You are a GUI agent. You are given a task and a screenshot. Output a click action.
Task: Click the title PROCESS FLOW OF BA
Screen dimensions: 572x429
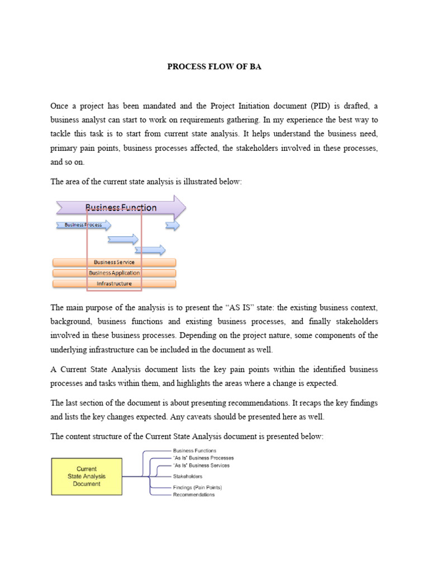click(x=214, y=67)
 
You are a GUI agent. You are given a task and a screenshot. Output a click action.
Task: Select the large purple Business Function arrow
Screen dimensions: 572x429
click(x=121, y=208)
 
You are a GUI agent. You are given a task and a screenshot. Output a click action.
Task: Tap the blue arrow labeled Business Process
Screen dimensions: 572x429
click(x=83, y=225)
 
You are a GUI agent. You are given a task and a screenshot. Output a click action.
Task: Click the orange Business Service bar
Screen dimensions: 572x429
click(x=114, y=262)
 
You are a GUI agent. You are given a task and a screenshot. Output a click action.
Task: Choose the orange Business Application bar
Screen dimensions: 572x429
click(x=114, y=273)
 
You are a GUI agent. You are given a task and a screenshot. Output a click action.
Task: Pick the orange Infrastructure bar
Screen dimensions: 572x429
click(x=114, y=284)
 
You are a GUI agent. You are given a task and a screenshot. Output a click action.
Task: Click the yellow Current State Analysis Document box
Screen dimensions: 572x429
click(x=87, y=476)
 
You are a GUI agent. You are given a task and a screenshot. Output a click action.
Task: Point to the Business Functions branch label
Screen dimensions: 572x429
click(x=194, y=450)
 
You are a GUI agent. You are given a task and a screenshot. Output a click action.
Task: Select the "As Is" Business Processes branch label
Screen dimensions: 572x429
click(x=203, y=458)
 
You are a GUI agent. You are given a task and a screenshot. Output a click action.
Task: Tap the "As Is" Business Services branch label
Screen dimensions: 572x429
click(x=201, y=465)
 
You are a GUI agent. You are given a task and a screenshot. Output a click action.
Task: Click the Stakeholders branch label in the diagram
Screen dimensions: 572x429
click(x=188, y=476)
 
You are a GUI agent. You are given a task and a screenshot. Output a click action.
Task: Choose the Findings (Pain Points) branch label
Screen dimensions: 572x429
click(x=197, y=488)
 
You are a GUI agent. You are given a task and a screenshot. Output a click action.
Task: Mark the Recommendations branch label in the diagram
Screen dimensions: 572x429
click(x=193, y=495)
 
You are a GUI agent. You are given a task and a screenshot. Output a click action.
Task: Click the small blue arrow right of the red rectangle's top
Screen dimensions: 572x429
click(x=173, y=225)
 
